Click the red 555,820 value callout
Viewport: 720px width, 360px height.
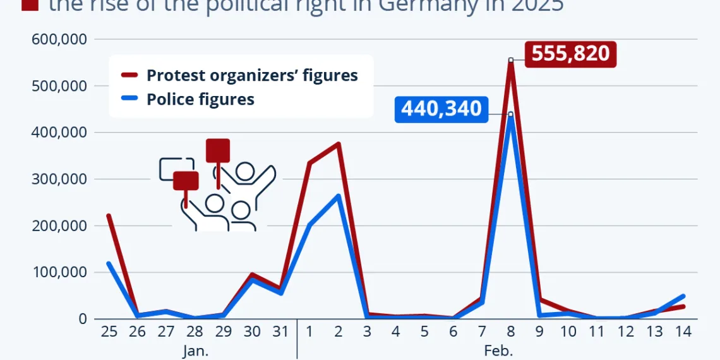pyautogui.click(x=570, y=54)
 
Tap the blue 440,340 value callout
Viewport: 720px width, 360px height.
pyautogui.click(x=441, y=109)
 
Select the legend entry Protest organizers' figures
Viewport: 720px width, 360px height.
pyautogui.click(x=252, y=75)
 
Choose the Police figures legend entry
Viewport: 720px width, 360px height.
pyautogui.click(x=200, y=99)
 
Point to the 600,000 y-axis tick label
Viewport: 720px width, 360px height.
pyautogui.click(x=59, y=39)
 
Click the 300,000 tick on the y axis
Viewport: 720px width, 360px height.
pyautogui.click(x=59, y=179)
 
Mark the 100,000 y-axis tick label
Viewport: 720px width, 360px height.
pyautogui.click(x=59, y=273)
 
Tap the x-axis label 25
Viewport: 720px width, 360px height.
pyautogui.click(x=109, y=331)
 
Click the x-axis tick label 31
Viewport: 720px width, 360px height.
pyautogui.click(x=281, y=331)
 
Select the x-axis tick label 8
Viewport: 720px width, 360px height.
pyautogui.click(x=511, y=331)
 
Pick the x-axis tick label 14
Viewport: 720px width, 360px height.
pyautogui.click(x=683, y=331)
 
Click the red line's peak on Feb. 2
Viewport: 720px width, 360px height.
pyautogui.click(x=339, y=144)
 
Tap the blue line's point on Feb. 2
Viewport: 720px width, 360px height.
pyautogui.click(x=339, y=196)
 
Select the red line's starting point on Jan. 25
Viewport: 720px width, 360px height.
pyautogui.click(x=109, y=216)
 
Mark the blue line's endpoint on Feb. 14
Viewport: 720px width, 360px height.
pyautogui.click(x=683, y=296)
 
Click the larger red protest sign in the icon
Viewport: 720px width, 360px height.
pyautogui.click(x=218, y=150)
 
